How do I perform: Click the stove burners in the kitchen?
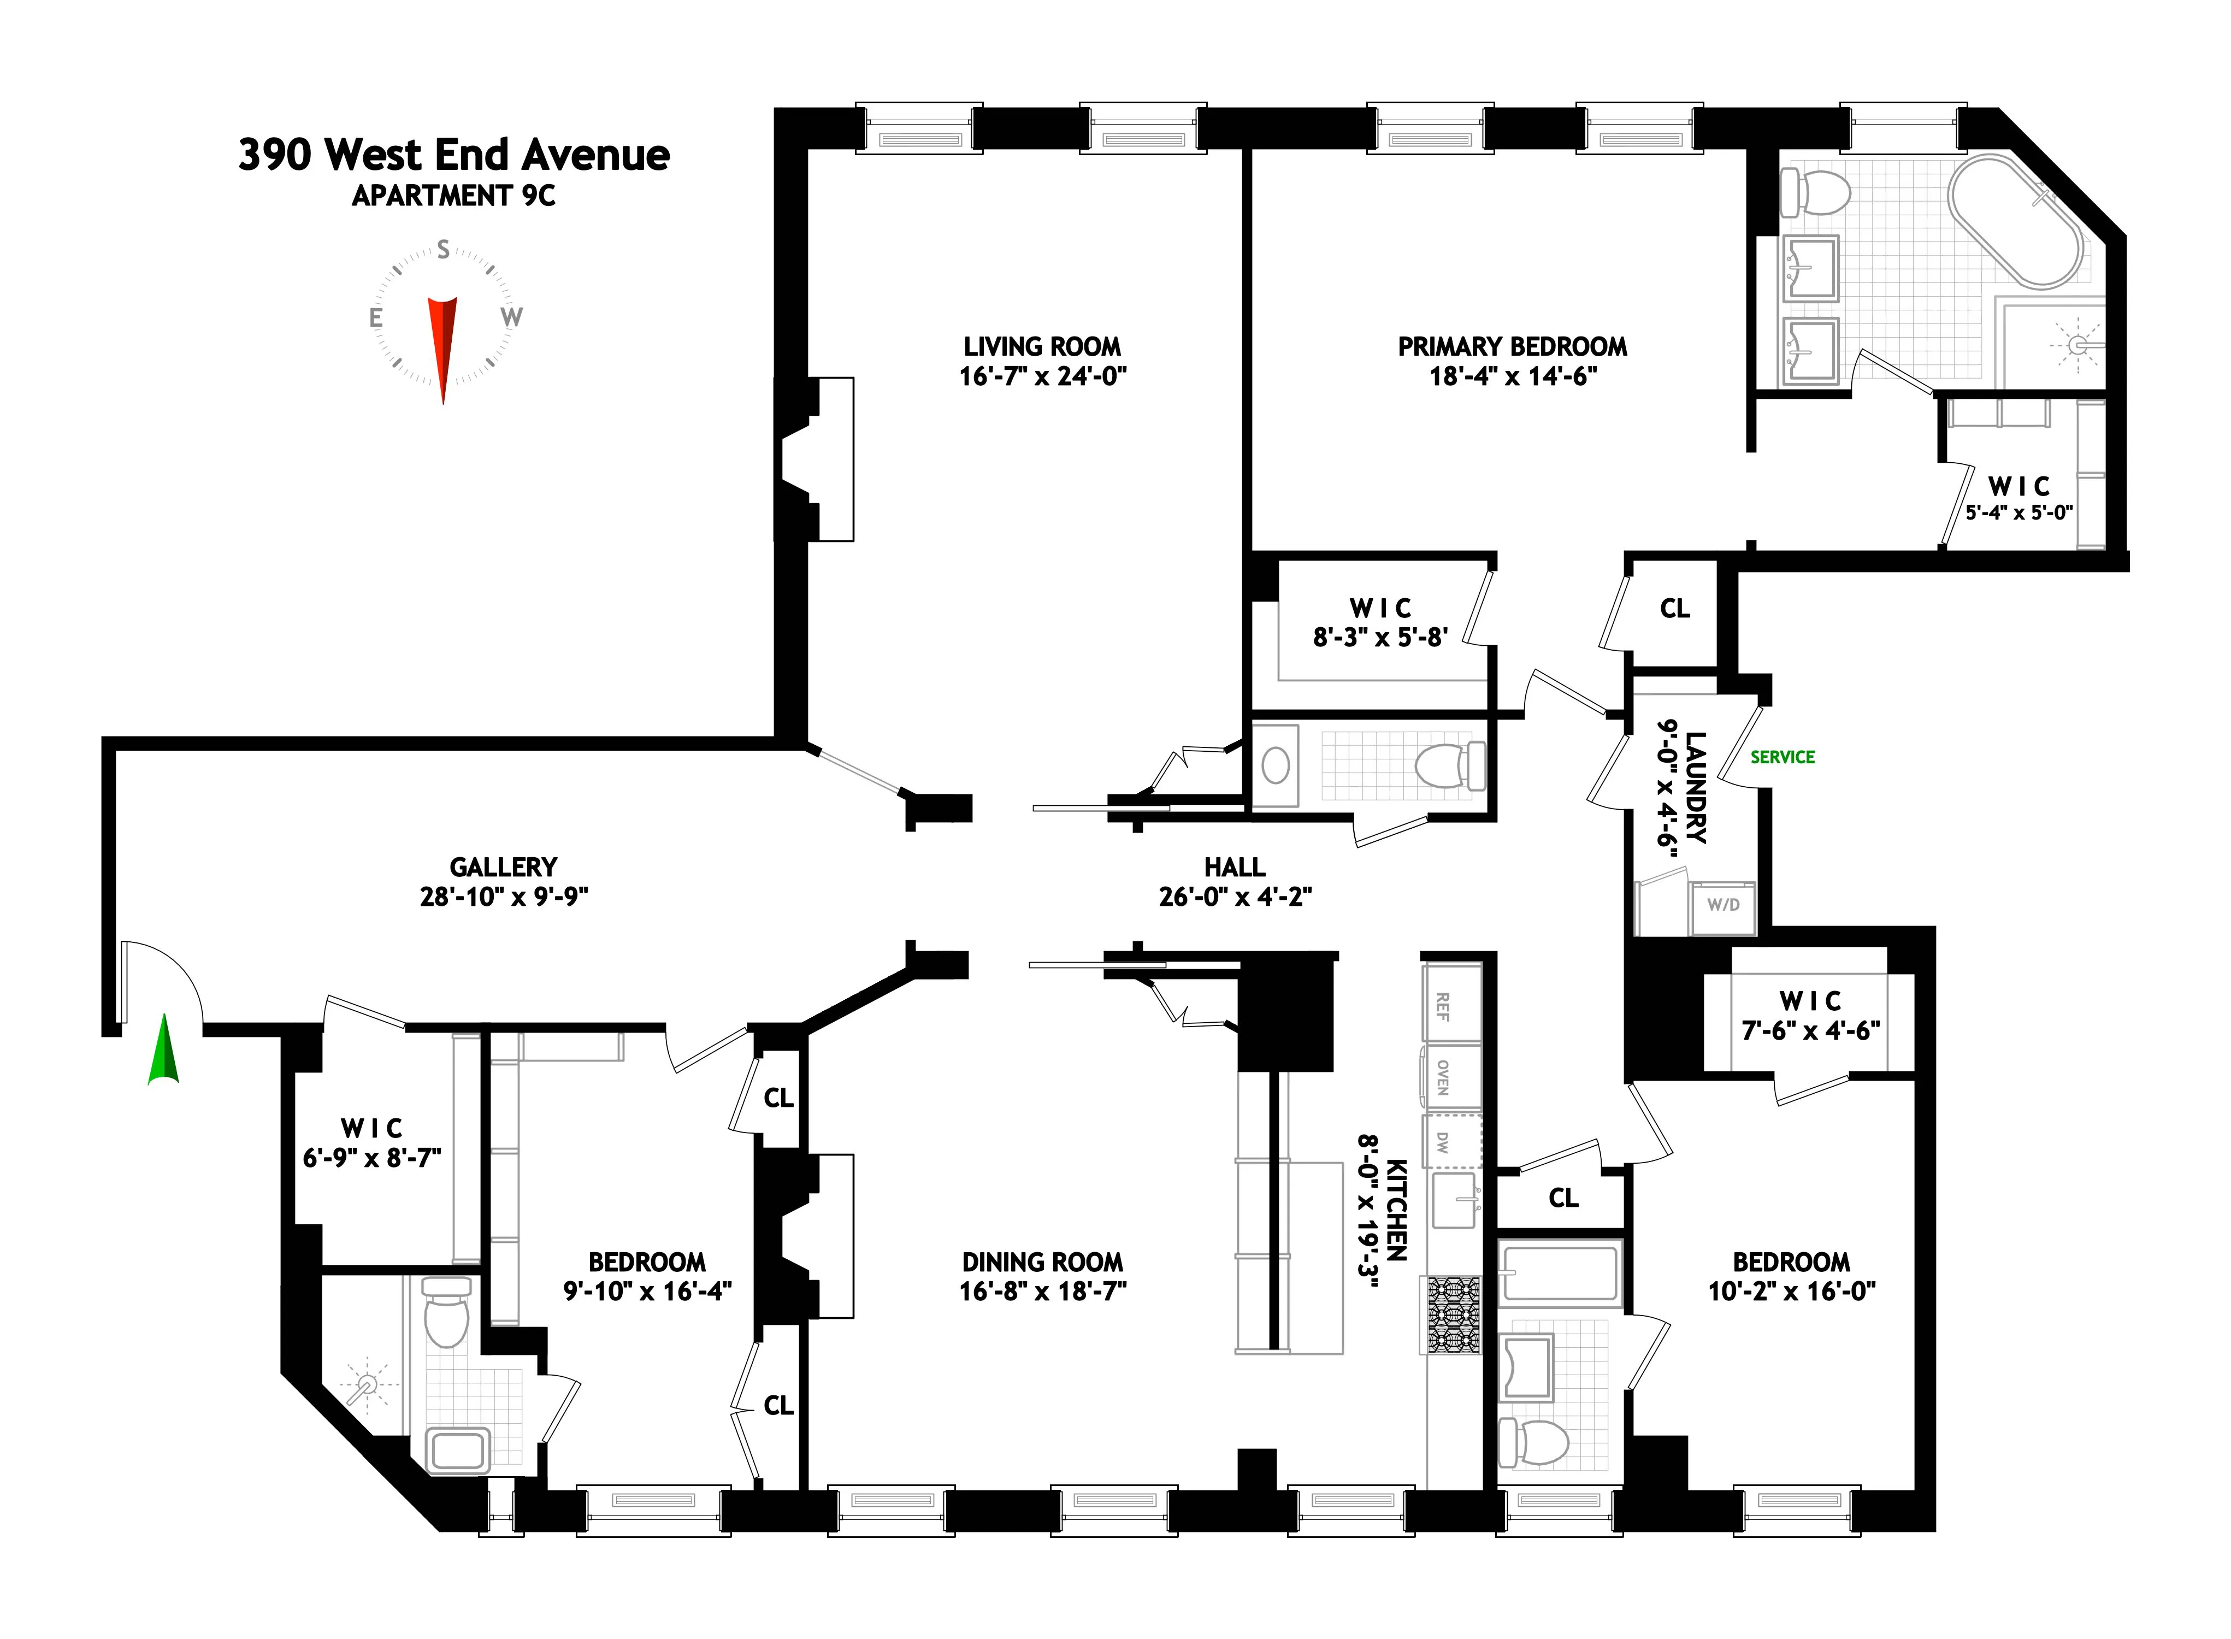pos(1453,1314)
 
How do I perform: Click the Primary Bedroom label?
pos(1512,347)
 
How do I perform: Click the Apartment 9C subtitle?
pos(453,197)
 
